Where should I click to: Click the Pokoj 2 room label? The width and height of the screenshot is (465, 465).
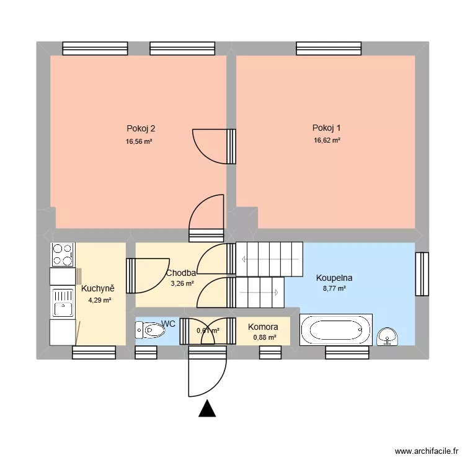tap(141, 129)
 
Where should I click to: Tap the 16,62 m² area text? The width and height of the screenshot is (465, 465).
tap(327, 141)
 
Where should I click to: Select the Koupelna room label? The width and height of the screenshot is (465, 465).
tap(334, 278)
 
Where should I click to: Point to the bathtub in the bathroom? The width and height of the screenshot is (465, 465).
tap(336, 330)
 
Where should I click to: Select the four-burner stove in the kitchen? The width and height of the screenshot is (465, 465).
tap(62, 254)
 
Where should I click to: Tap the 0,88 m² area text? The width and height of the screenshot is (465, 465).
tap(264, 337)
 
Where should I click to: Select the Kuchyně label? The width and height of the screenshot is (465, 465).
tap(98, 289)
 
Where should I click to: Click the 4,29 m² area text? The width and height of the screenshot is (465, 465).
tap(100, 300)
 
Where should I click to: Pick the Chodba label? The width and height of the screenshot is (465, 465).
tap(181, 273)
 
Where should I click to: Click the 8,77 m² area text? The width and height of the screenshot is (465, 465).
tap(334, 288)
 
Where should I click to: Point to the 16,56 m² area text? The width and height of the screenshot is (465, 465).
tap(139, 141)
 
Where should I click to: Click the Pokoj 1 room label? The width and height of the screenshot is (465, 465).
tap(327, 128)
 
